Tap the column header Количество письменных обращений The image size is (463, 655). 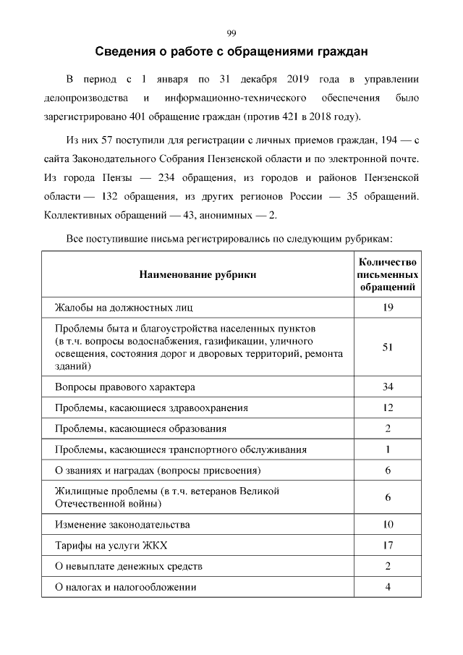(x=388, y=274)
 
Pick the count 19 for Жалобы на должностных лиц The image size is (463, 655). (x=388, y=308)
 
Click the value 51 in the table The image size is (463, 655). (x=388, y=347)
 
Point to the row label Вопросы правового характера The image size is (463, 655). (x=125, y=387)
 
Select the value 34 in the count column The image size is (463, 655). (x=388, y=387)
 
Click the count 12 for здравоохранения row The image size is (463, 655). (x=388, y=407)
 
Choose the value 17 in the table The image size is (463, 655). (x=388, y=544)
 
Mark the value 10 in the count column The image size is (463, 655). (x=388, y=524)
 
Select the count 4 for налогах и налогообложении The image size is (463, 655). (x=388, y=586)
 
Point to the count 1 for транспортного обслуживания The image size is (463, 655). (x=388, y=449)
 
